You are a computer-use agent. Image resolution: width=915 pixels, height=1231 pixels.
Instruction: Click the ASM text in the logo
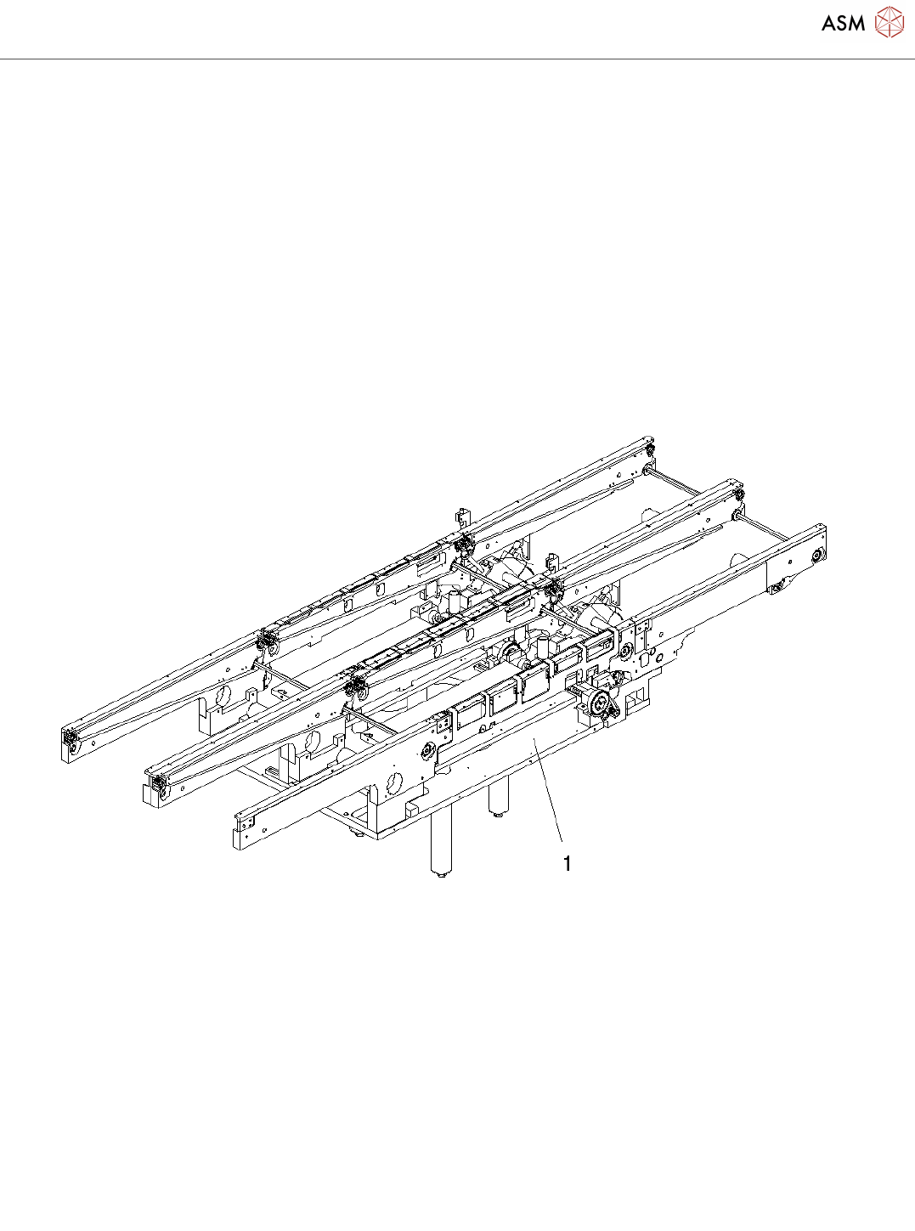pos(843,23)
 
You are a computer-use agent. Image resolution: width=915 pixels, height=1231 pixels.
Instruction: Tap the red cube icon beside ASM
pos(889,22)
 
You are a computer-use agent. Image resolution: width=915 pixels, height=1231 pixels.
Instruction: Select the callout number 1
pos(568,863)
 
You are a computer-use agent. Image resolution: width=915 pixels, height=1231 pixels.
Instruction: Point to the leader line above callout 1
pos(548,794)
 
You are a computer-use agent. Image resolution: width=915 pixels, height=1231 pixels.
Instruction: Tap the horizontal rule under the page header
pos(457,59)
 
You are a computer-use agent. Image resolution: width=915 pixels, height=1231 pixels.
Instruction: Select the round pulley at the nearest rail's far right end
pos(816,555)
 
